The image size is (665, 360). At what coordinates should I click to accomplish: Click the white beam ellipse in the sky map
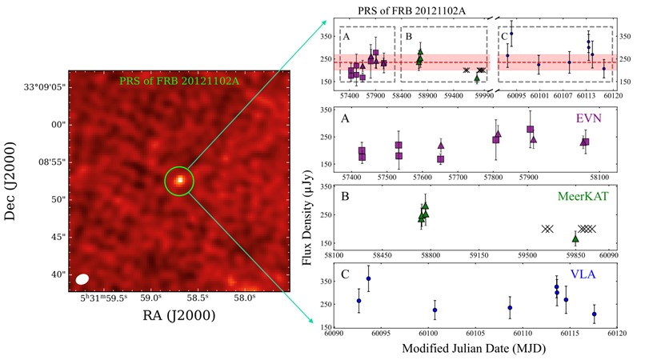[x=82, y=279]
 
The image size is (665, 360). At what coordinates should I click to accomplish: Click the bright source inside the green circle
[x=180, y=181]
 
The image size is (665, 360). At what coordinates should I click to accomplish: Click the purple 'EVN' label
[x=591, y=118]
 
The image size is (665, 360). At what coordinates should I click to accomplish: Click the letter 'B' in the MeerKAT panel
[x=346, y=194]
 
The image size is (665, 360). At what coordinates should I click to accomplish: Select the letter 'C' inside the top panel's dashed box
[x=504, y=37]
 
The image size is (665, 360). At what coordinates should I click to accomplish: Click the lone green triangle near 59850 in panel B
[x=575, y=238]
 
